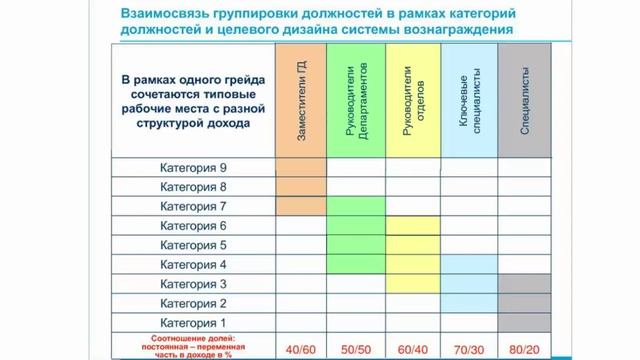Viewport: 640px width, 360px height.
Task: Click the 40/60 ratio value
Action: click(x=300, y=349)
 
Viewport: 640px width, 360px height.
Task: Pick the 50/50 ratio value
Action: click(x=356, y=349)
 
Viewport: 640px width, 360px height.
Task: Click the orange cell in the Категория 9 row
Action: click(x=300, y=167)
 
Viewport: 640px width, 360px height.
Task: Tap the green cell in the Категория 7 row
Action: click(x=356, y=206)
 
